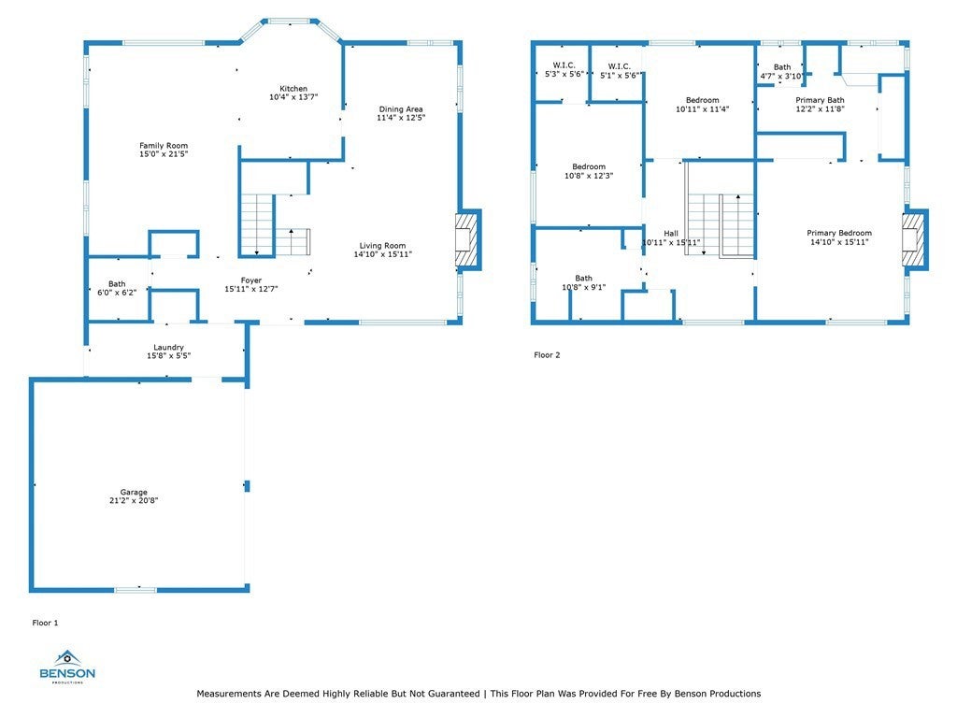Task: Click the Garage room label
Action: pyautogui.click(x=134, y=492)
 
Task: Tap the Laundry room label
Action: pyautogui.click(x=168, y=348)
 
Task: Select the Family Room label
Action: pyautogui.click(x=164, y=145)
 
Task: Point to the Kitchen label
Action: pyautogui.click(x=293, y=89)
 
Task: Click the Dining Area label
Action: pyautogui.click(x=401, y=109)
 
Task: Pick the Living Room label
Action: pyautogui.click(x=382, y=246)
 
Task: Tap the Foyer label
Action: pyautogui.click(x=250, y=280)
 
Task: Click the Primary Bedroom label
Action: pyautogui.click(x=839, y=233)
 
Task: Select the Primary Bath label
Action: pyautogui.click(x=820, y=100)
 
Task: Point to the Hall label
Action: pyautogui.click(x=671, y=233)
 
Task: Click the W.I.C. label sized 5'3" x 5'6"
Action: pyautogui.click(x=564, y=65)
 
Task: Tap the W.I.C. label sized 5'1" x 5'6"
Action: pyautogui.click(x=619, y=66)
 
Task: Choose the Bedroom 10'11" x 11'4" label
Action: pyautogui.click(x=703, y=100)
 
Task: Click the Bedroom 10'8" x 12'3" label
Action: pyautogui.click(x=589, y=166)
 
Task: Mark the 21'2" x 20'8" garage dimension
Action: pyautogui.click(x=134, y=501)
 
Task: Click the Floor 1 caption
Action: pyautogui.click(x=45, y=623)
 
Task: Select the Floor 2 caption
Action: pyautogui.click(x=547, y=354)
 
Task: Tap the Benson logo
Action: pyautogui.click(x=67, y=667)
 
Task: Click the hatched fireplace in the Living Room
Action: pyautogui.click(x=466, y=239)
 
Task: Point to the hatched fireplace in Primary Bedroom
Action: pyautogui.click(x=914, y=239)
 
